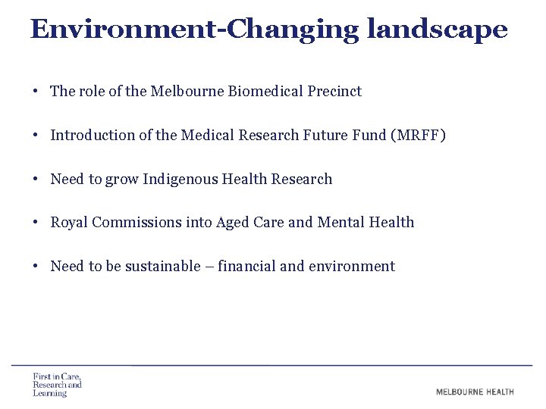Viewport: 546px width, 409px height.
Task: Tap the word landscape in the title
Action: pyautogui.click(x=437, y=29)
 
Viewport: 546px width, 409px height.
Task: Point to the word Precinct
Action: pyautogui.click(x=334, y=92)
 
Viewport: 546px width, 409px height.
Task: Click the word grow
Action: pyautogui.click(x=122, y=180)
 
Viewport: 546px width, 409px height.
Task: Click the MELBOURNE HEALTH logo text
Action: pyautogui.click(x=475, y=392)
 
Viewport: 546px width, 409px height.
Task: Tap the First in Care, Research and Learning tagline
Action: pyautogui.click(x=57, y=385)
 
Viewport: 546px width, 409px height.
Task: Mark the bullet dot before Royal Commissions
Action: pyautogui.click(x=36, y=223)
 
